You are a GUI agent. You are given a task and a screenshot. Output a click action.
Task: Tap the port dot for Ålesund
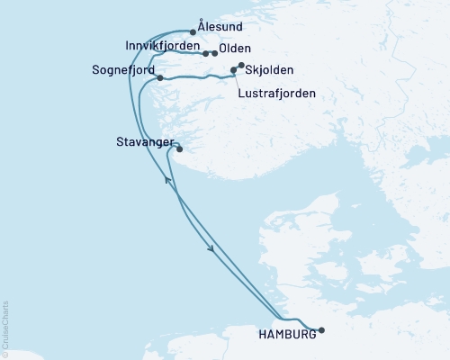pyautogui.click(x=193, y=31)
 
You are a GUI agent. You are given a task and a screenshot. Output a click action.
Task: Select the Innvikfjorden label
pyautogui.click(x=163, y=46)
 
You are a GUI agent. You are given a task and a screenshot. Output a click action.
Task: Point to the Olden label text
pyautogui.click(x=235, y=49)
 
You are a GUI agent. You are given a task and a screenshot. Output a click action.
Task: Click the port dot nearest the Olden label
pyautogui.click(x=214, y=54)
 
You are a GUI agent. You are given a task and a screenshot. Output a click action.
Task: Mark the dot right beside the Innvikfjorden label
pyautogui.click(x=206, y=54)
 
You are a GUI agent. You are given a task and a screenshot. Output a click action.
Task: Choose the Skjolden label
pyautogui.click(x=269, y=70)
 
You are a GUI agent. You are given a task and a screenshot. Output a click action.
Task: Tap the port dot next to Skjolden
pyautogui.click(x=240, y=65)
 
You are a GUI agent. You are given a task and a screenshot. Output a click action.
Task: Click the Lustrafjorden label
pyautogui.click(x=276, y=92)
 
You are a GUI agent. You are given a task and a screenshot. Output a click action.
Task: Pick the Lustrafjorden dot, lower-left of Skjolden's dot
pyautogui.click(x=234, y=69)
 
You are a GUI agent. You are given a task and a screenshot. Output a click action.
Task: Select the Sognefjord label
pyautogui.click(x=123, y=69)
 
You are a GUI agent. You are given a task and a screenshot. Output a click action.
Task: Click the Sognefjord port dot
pyautogui.click(x=159, y=78)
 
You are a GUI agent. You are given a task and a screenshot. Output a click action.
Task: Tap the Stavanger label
pyautogui.click(x=143, y=141)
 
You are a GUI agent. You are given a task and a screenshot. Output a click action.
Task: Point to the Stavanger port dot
pyautogui.click(x=180, y=149)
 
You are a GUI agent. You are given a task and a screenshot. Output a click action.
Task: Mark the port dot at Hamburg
pyautogui.click(x=321, y=329)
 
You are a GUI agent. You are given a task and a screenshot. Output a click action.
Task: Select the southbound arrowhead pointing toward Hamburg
pyautogui.click(x=212, y=252)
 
